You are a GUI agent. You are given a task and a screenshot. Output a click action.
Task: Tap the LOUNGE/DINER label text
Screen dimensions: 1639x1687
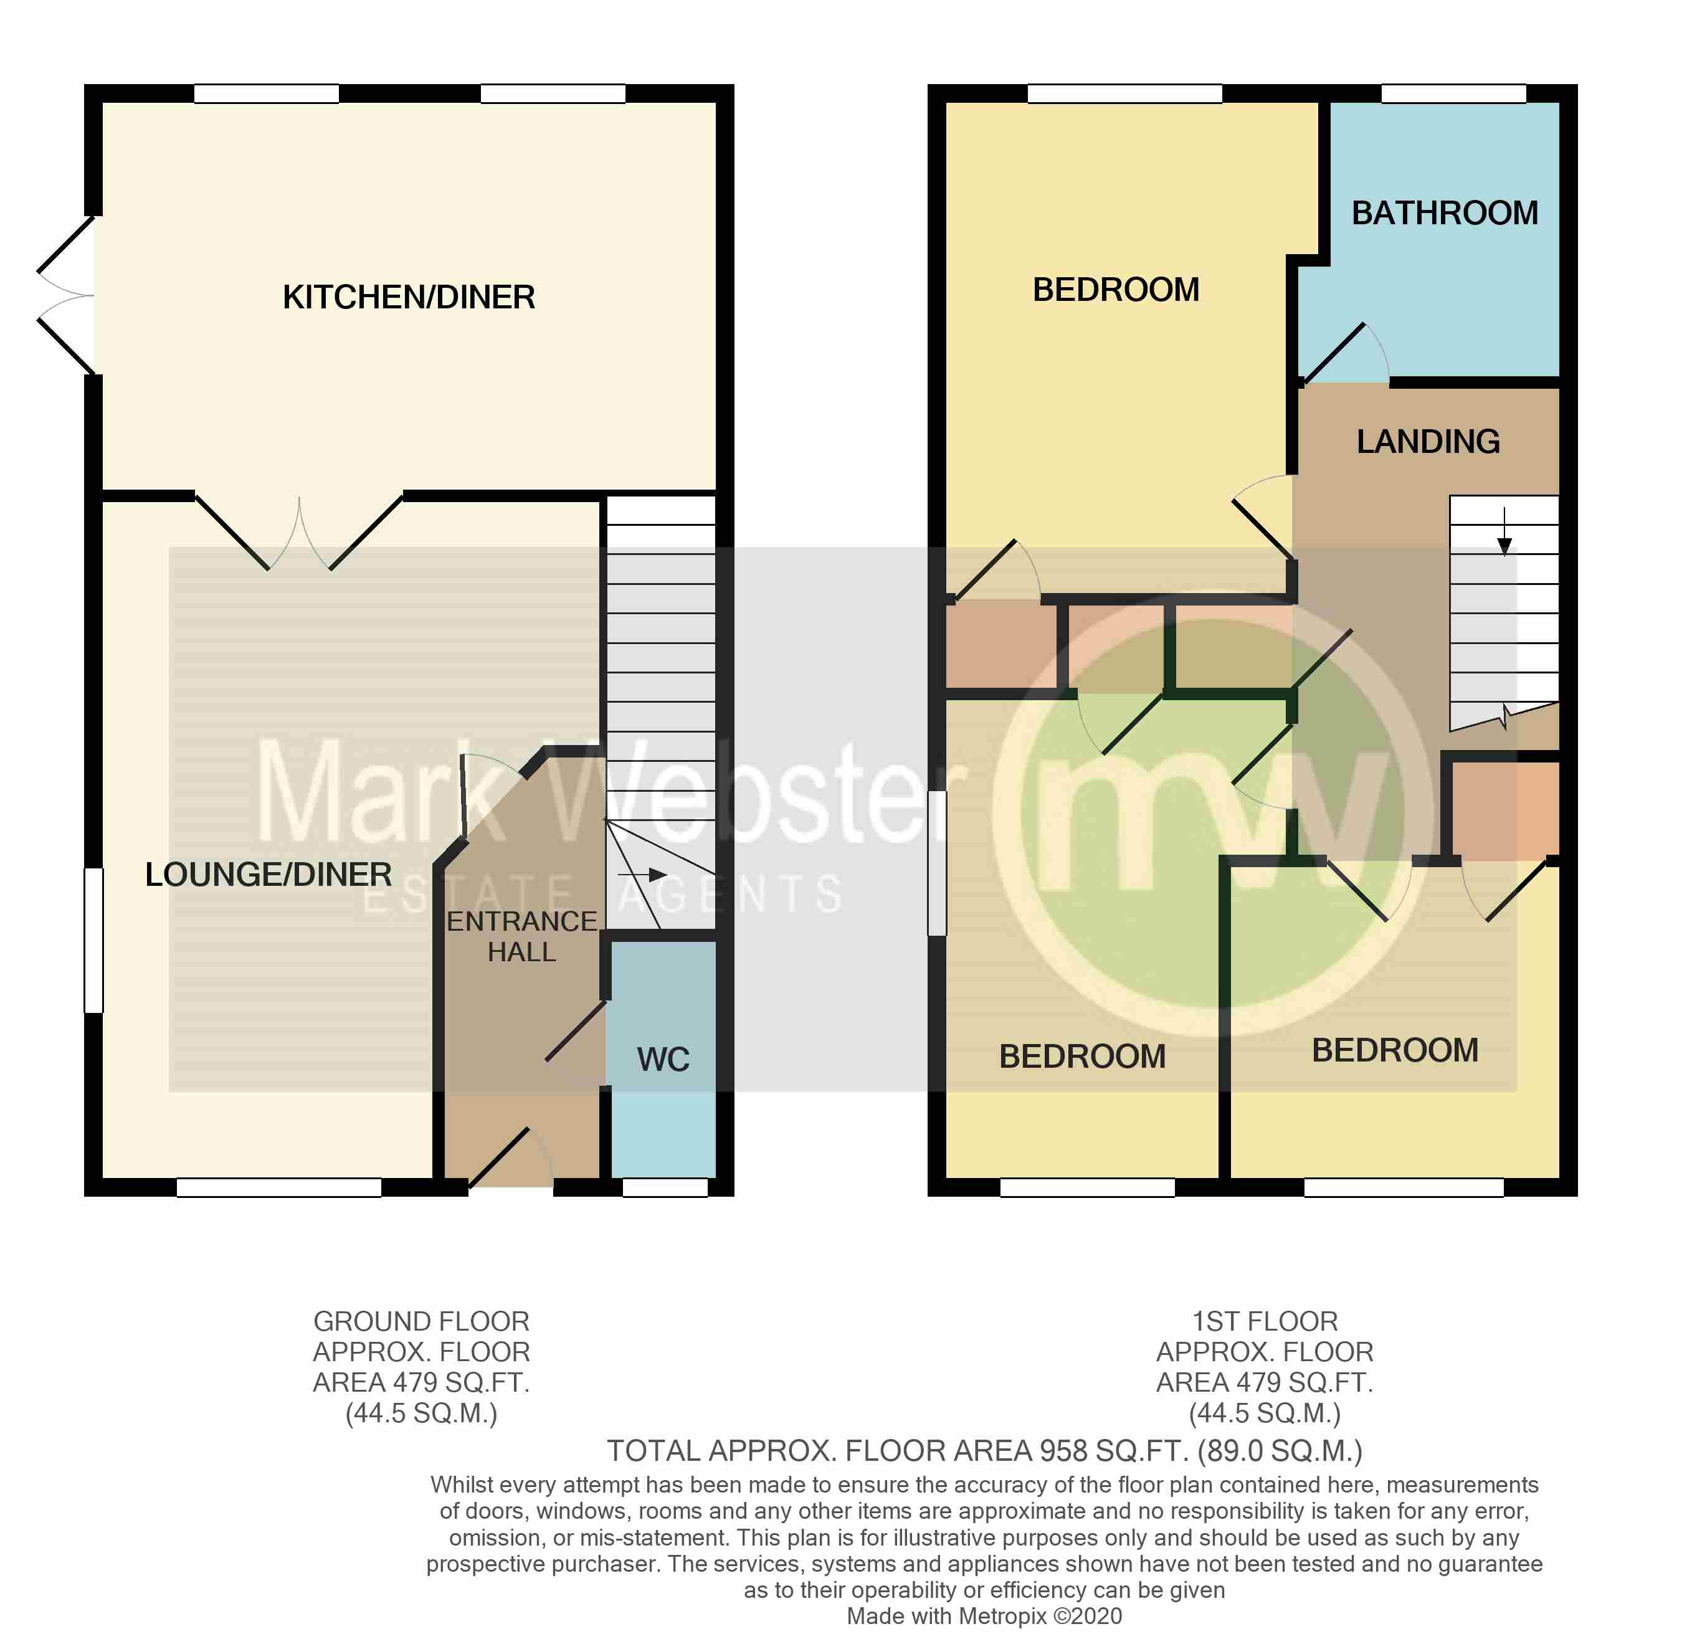click(268, 875)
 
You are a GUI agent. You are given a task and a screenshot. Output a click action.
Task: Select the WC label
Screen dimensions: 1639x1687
click(663, 1060)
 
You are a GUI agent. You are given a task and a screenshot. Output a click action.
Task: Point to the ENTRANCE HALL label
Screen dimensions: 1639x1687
click(521, 936)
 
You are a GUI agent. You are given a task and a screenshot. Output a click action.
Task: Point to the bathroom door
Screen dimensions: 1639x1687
click(1336, 353)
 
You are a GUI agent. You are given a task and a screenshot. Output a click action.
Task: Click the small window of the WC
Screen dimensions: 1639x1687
click(665, 1188)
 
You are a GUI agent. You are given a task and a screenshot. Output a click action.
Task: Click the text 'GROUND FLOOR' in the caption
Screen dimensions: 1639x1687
click(421, 1321)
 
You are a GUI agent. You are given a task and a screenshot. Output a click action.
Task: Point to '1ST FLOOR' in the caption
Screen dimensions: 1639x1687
click(1265, 1321)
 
